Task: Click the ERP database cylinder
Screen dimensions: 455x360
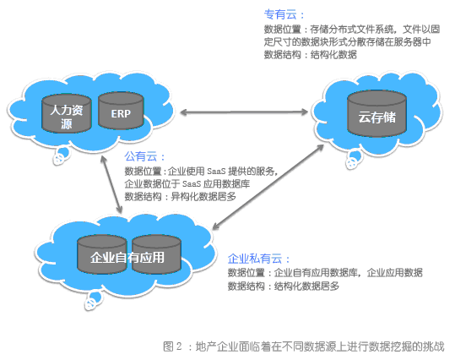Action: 121,111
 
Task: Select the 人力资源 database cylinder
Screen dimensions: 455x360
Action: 67,113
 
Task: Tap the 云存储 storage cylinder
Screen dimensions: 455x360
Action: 377,113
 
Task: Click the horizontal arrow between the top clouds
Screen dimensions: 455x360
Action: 244,112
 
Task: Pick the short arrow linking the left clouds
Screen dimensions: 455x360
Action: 111,184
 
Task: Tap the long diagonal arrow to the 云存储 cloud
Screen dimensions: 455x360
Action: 268,187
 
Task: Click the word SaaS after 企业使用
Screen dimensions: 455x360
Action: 216,172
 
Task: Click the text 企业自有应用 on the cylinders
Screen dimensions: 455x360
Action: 127,258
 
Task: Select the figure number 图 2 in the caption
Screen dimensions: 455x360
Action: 172,346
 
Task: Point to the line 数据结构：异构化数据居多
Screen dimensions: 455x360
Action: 180,197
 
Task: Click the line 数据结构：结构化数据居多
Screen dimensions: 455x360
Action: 284,286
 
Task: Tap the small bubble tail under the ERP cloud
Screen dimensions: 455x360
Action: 61,155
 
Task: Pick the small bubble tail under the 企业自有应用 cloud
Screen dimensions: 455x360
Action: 93,301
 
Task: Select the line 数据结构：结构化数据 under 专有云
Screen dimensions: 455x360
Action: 310,55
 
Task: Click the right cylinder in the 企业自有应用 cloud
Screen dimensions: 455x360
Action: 157,254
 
